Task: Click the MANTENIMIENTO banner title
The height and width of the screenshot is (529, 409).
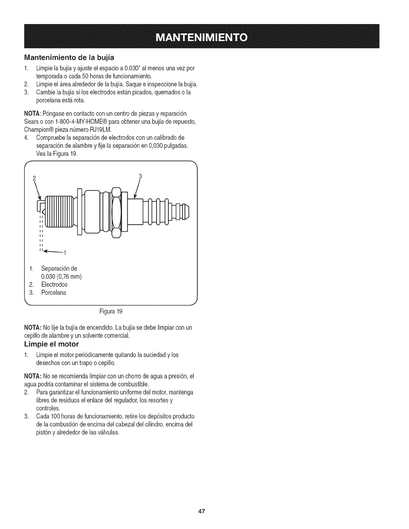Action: [204, 36]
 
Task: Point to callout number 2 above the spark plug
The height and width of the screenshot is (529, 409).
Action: [34, 178]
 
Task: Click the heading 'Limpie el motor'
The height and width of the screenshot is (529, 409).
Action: [51, 344]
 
